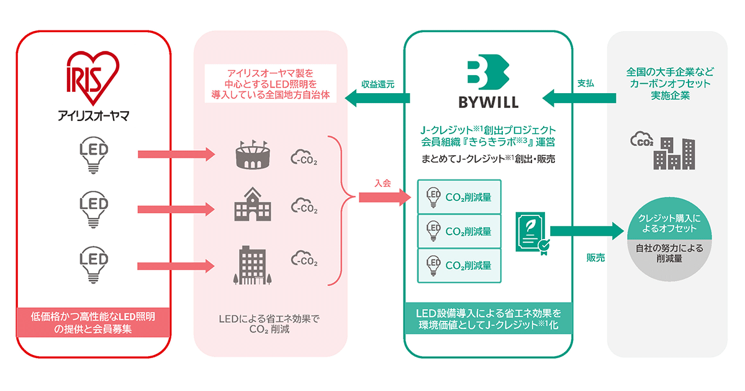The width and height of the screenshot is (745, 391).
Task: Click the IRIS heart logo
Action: [92, 76]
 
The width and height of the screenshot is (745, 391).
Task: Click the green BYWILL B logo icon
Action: [487, 73]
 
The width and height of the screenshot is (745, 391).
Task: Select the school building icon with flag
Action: [251, 204]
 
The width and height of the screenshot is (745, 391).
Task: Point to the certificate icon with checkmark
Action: [531, 232]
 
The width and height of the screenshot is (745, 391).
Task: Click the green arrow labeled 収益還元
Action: [377, 97]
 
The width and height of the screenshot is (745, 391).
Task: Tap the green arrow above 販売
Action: [586, 231]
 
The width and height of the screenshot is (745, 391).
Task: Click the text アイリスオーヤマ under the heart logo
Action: [91, 115]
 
